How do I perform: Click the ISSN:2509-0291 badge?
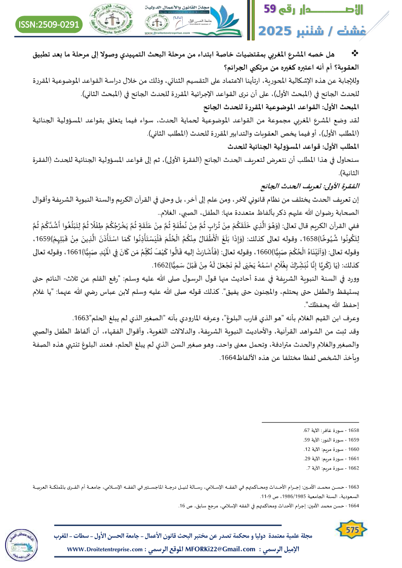click(x=50, y=23)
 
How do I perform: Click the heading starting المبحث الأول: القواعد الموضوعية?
click(x=314, y=106)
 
